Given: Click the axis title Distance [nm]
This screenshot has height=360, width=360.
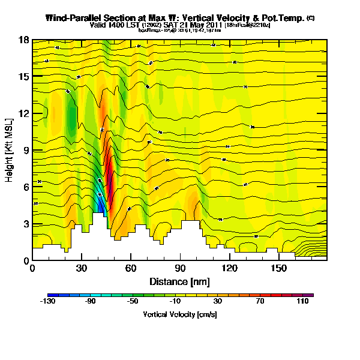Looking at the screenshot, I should [173, 281].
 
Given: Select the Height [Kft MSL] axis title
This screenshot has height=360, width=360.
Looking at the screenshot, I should [10, 150].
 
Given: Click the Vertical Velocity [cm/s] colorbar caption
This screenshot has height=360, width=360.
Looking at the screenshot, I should [179, 314].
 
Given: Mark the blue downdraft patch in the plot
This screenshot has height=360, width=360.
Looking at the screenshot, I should [101, 204].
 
